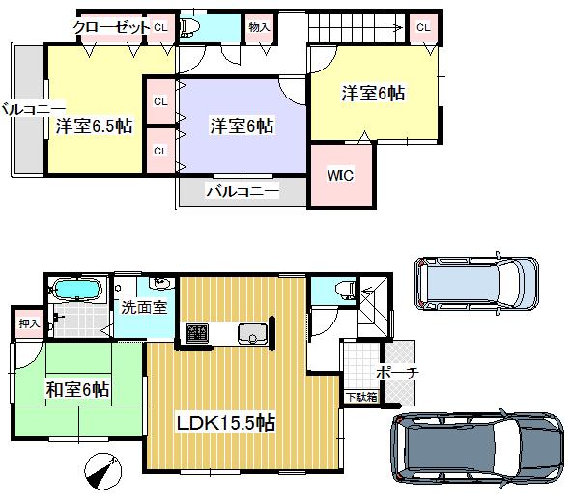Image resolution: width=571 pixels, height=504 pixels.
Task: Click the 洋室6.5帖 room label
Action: click(x=94, y=126)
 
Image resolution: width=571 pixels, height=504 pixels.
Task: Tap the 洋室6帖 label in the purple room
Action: click(x=242, y=126)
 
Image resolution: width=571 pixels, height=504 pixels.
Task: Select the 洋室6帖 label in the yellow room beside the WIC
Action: click(x=373, y=94)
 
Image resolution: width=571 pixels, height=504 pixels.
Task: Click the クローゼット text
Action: click(x=111, y=27)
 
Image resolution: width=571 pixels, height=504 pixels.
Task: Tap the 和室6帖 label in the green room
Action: click(x=76, y=390)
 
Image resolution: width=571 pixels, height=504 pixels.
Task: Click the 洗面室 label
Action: click(x=144, y=308)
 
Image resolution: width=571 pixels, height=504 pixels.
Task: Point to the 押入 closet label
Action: click(x=29, y=324)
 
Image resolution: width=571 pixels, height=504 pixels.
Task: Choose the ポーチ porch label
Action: click(x=396, y=372)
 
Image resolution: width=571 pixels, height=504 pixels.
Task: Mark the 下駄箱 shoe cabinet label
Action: click(x=362, y=396)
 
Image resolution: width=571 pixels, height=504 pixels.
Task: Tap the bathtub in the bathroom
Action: click(x=76, y=290)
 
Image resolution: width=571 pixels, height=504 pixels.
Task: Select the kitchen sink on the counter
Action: click(x=253, y=334)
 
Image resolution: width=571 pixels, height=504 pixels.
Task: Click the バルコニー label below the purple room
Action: click(x=242, y=191)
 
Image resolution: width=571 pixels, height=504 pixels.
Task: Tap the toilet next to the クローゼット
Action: click(x=189, y=27)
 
